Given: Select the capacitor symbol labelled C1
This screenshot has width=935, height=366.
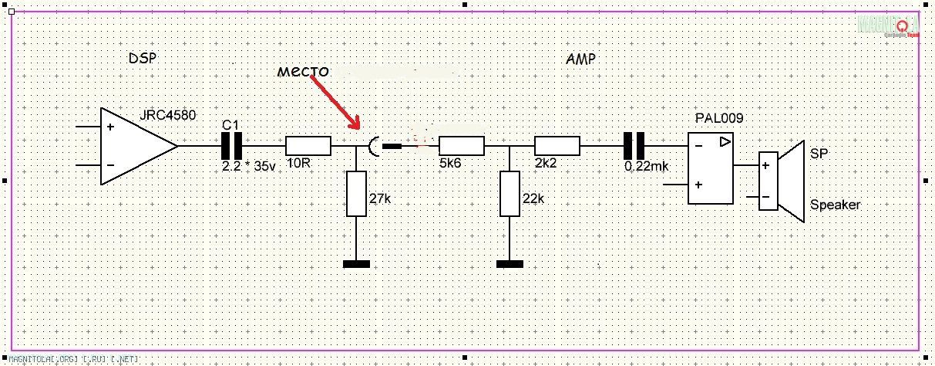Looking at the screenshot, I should pyautogui.click(x=232, y=145).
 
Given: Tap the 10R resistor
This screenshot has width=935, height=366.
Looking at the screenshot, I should pyautogui.click(x=308, y=146).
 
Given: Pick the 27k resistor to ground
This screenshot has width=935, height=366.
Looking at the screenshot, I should pyautogui.click(x=355, y=194).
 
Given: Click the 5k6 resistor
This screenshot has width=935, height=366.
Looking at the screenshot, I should pyautogui.click(x=461, y=146).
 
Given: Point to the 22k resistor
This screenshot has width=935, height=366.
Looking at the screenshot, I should pyautogui.click(x=509, y=194).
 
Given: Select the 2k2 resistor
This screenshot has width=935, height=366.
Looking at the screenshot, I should pyautogui.click(x=557, y=146).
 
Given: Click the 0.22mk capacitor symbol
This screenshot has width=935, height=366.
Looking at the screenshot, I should pyautogui.click(x=634, y=145).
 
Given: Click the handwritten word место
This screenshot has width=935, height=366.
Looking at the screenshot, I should pyautogui.click(x=303, y=72).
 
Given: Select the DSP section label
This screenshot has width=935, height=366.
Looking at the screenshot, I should pyautogui.click(x=143, y=59).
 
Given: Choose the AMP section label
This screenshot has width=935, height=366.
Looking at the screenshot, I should pyautogui.click(x=580, y=59).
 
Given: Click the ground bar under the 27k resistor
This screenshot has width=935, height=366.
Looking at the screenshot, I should pyautogui.click(x=355, y=264).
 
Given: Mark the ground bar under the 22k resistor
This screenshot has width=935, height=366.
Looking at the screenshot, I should pyautogui.click(x=509, y=264).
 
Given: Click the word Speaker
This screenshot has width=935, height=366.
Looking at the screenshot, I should pyautogui.click(x=835, y=205).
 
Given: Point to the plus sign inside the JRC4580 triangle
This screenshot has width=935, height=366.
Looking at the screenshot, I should pyautogui.click(x=111, y=126).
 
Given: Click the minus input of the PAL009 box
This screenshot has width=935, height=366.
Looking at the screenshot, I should pyautogui.click(x=698, y=144).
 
